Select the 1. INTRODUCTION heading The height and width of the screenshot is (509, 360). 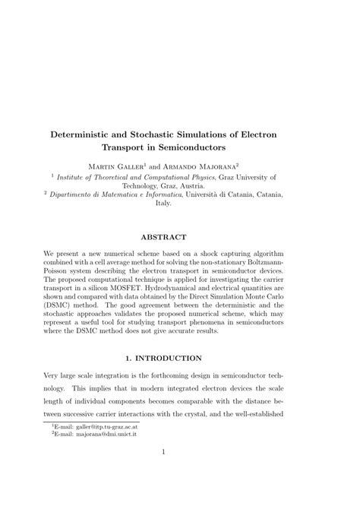pos(180,358)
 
